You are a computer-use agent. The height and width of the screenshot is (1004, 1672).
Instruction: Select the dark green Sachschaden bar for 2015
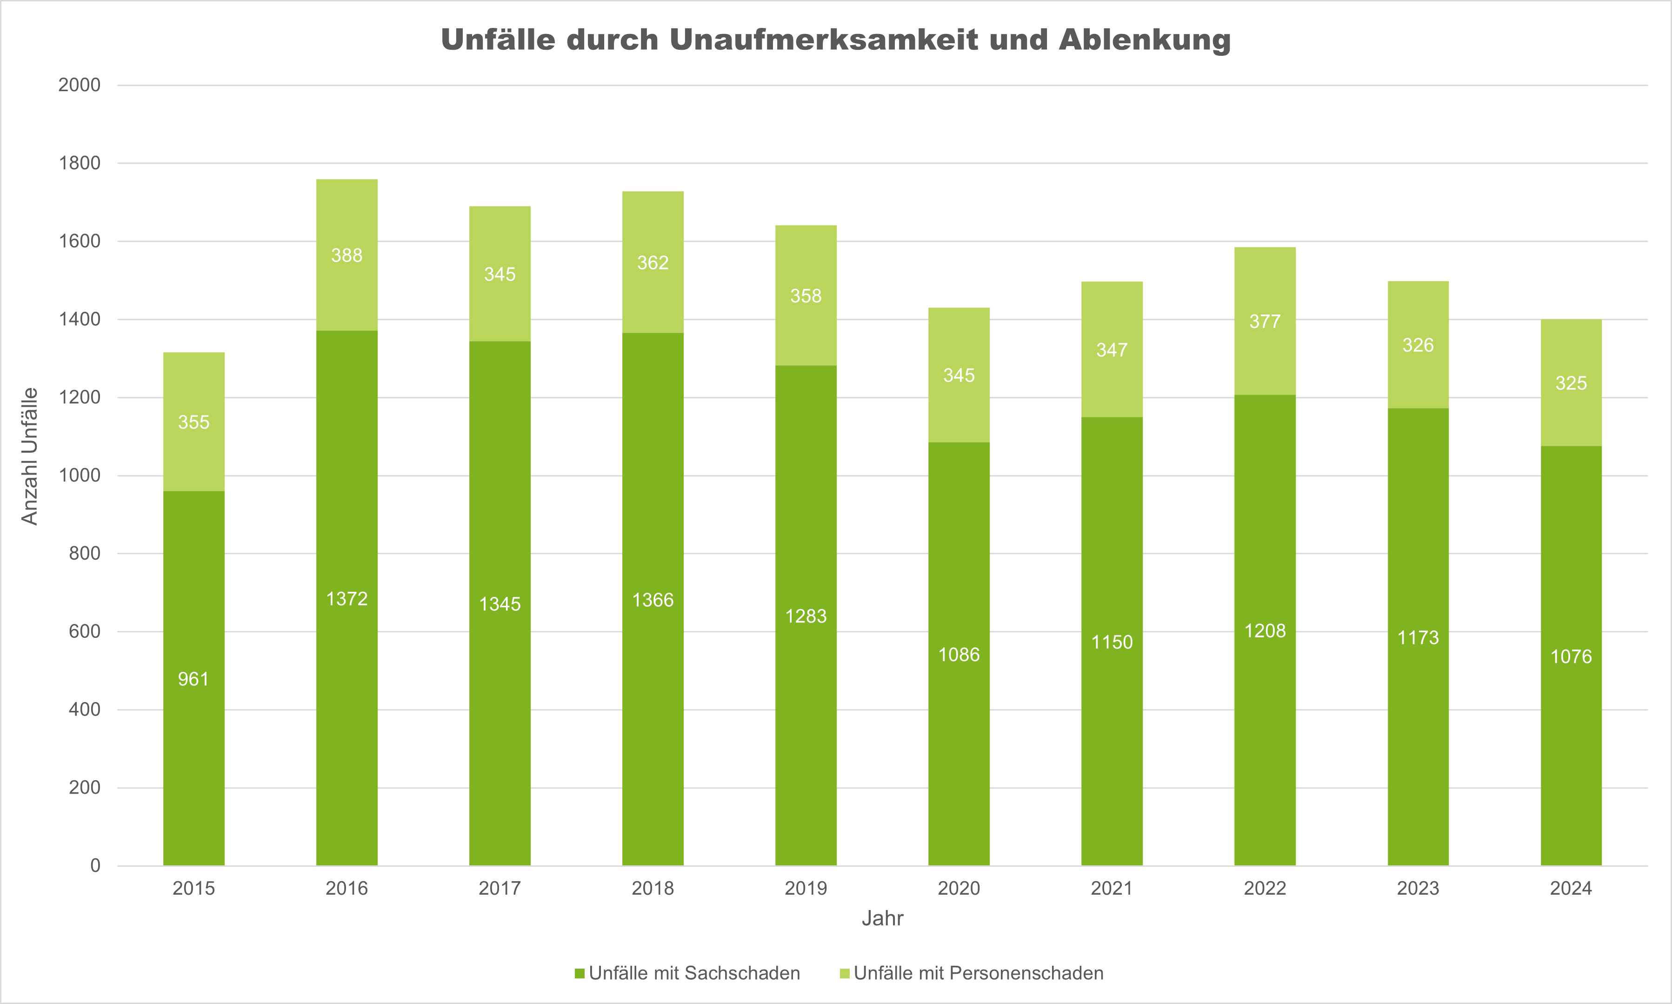click(194, 744)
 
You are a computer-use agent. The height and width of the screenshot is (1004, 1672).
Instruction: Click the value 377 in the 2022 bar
click(1265, 321)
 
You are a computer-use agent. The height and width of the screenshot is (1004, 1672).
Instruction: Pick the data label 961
click(194, 679)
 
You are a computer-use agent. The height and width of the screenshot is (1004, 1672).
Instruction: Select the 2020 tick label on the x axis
click(959, 888)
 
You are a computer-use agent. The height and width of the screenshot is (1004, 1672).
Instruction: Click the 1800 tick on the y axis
click(80, 163)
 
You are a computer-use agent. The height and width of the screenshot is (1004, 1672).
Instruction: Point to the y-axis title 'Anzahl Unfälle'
click(30, 456)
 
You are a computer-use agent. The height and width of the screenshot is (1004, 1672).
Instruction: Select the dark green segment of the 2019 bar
click(806, 710)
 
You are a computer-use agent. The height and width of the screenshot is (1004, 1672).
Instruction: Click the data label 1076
click(1571, 656)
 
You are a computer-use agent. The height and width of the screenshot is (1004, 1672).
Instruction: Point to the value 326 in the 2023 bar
click(1418, 346)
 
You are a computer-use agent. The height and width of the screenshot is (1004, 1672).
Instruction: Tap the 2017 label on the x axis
click(500, 888)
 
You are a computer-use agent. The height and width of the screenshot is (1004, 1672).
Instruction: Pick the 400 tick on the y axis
click(85, 709)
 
